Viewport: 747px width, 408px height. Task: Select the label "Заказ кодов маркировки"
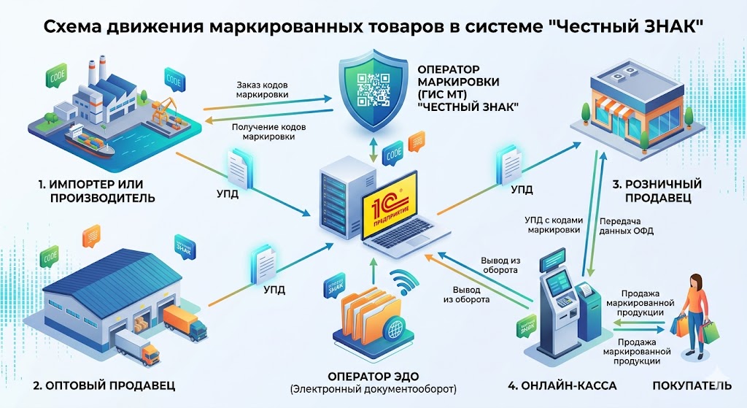click(263, 89)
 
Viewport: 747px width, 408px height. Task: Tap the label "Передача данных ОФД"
click(625, 226)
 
